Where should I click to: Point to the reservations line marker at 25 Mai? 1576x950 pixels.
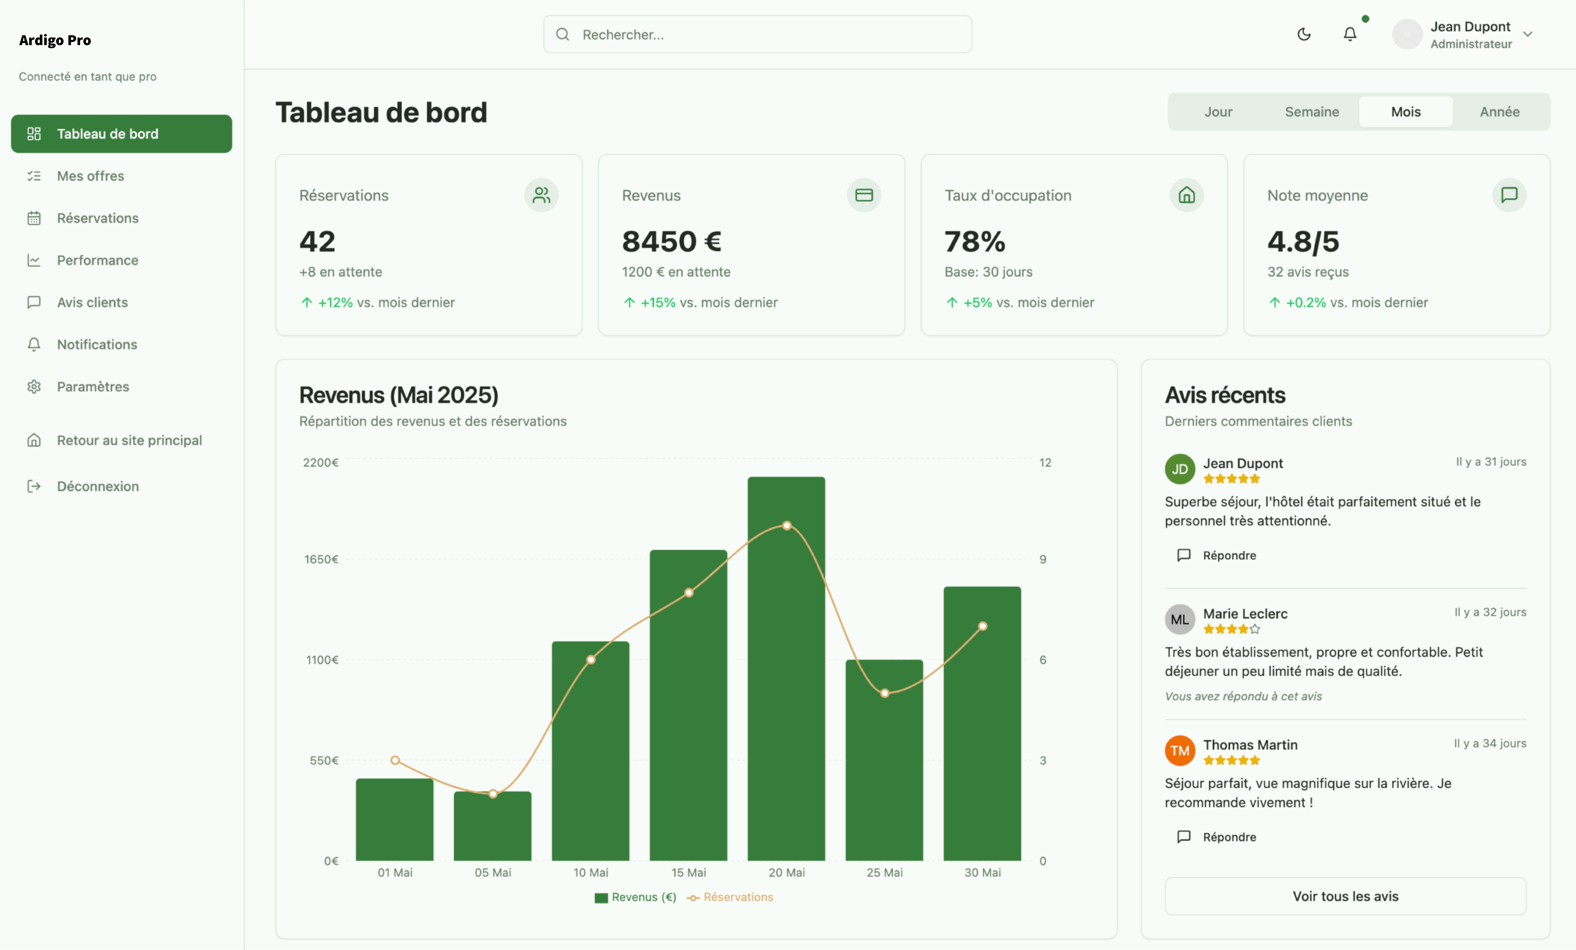pos(885,693)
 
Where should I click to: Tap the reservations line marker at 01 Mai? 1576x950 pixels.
pos(395,760)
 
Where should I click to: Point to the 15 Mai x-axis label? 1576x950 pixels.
pos(688,873)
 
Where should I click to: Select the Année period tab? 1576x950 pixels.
pos(1499,112)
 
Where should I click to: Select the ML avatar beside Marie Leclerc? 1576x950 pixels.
pos(1179,619)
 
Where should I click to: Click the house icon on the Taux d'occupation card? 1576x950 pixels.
pos(1187,195)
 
